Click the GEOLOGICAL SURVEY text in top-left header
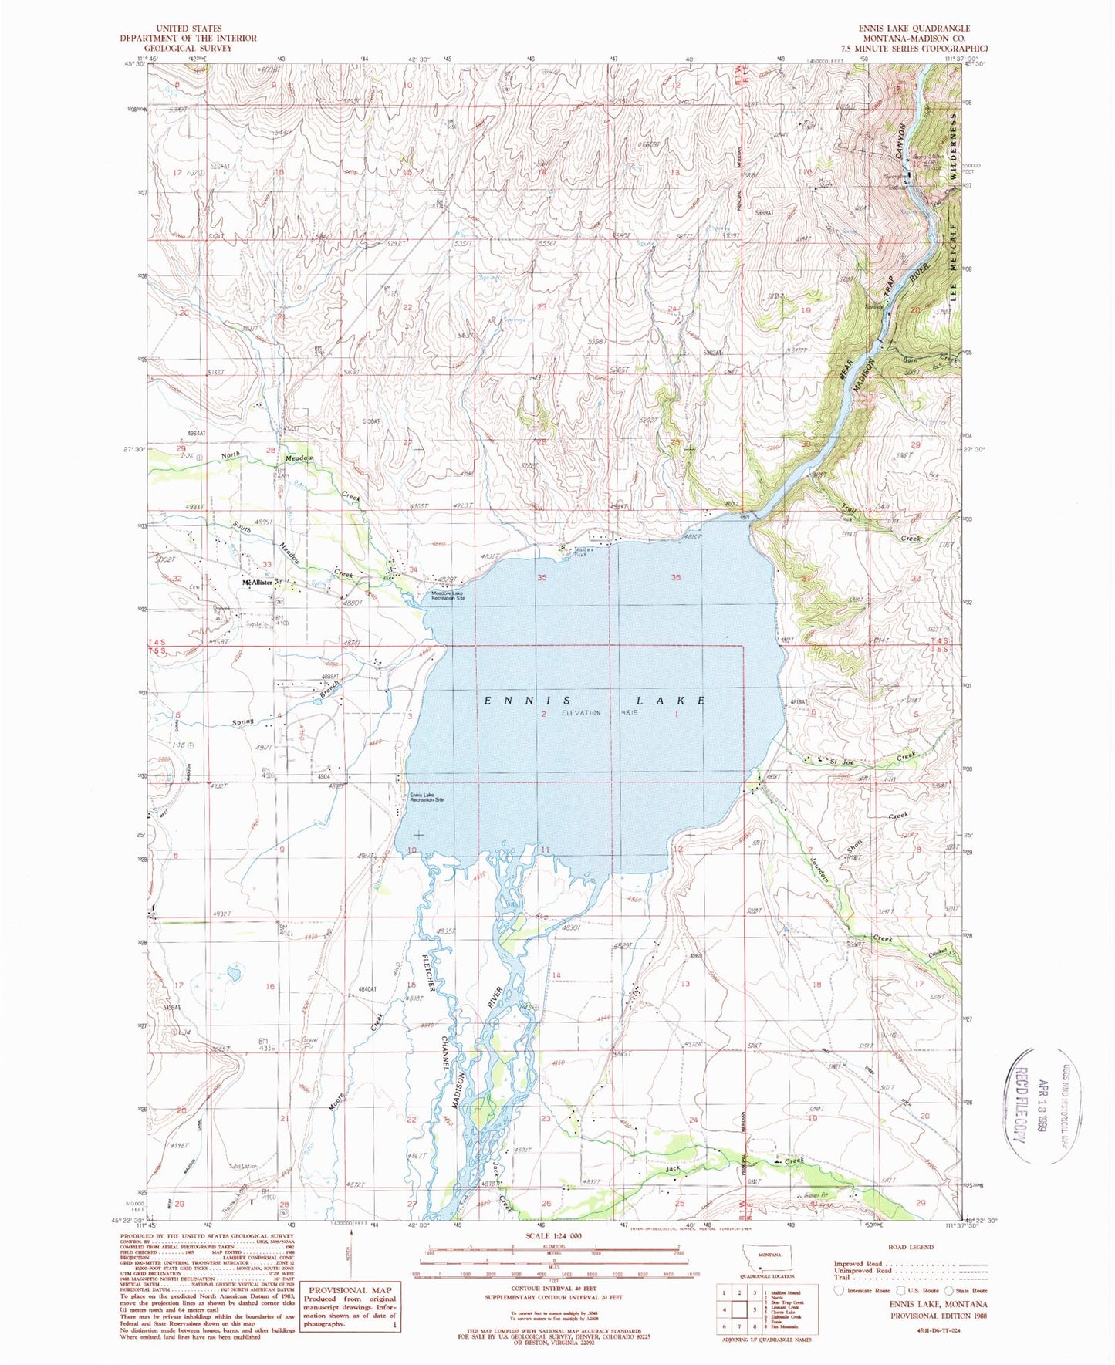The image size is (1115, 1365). click(x=188, y=48)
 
